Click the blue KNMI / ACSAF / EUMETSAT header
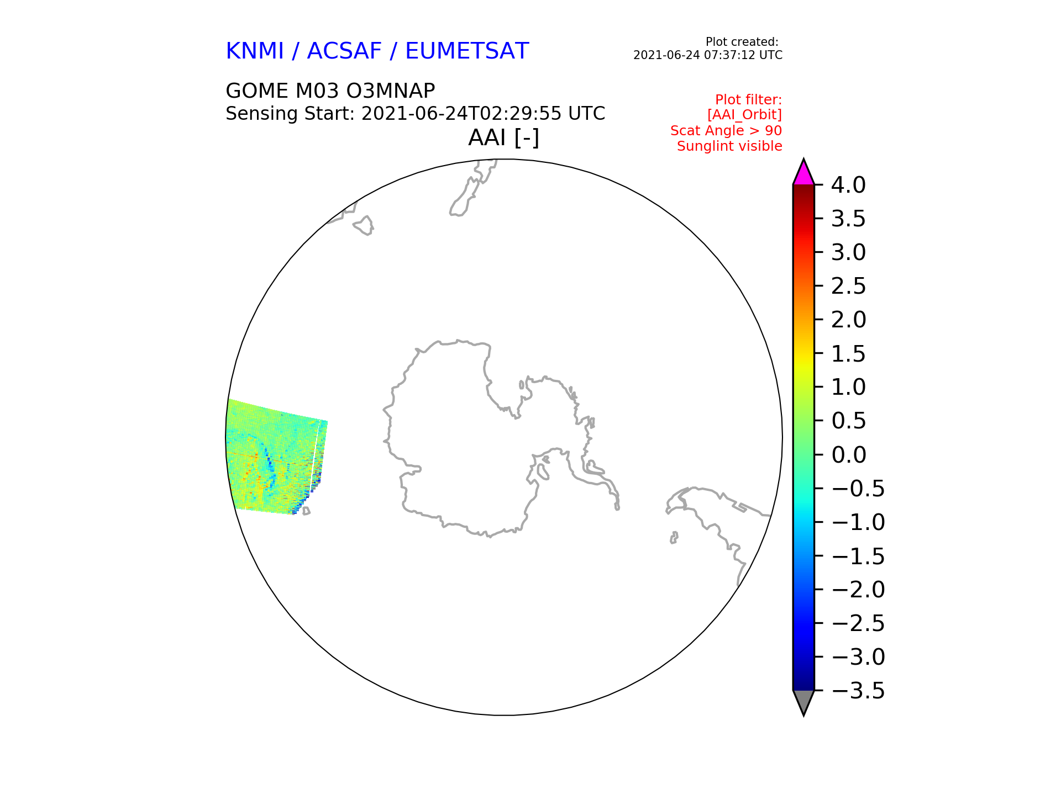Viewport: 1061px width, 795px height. (x=377, y=51)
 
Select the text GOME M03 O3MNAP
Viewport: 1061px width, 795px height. (x=330, y=91)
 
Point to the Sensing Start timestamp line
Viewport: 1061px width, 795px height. (x=416, y=114)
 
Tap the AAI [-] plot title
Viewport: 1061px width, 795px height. (x=503, y=137)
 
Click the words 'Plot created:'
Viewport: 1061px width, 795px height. (x=742, y=42)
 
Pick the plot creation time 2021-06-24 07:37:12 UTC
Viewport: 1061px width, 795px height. (x=708, y=55)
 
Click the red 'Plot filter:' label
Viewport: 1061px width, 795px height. (x=748, y=100)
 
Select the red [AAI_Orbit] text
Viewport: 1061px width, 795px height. (x=744, y=115)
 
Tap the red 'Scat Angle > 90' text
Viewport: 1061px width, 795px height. (x=726, y=131)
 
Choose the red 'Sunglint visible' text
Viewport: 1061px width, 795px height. (x=729, y=146)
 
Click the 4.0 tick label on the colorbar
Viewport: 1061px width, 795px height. (x=848, y=185)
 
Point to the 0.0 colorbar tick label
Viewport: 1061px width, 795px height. (x=848, y=455)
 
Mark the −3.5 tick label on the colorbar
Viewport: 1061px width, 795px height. (x=858, y=691)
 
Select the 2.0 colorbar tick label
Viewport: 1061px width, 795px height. (x=848, y=320)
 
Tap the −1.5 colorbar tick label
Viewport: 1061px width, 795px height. (x=858, y=556)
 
